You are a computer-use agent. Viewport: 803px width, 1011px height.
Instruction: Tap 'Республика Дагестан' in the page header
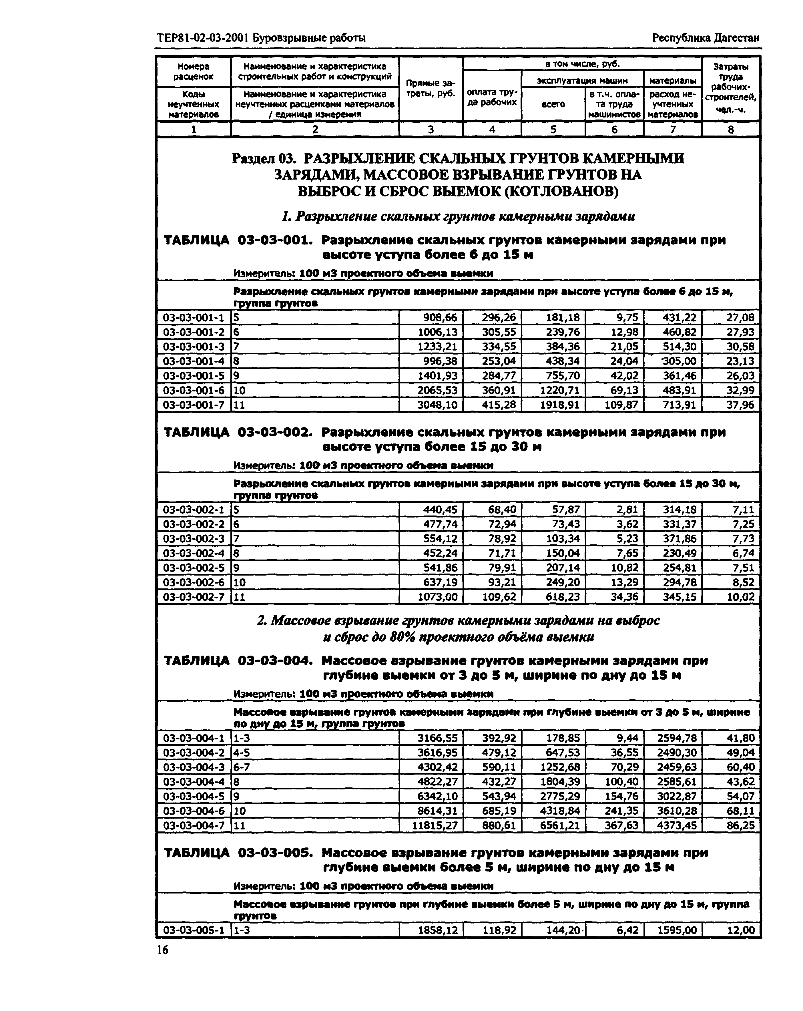[x=706, y=38]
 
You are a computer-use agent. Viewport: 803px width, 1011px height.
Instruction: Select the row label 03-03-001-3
[x=194, y=347]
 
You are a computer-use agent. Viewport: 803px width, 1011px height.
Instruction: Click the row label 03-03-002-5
[x=194, y=568]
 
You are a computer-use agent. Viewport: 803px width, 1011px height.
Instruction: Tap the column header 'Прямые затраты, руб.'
[x=430, y=88]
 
